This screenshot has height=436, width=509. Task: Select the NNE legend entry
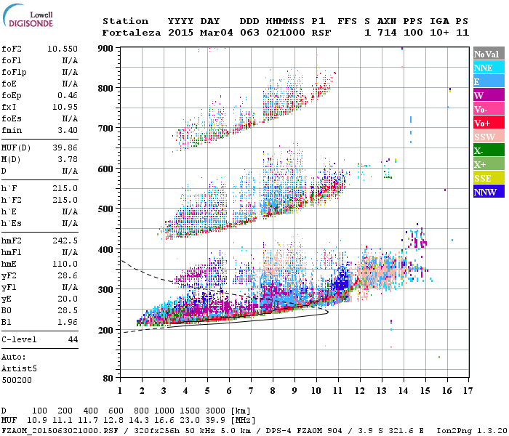click(x=484, y=68)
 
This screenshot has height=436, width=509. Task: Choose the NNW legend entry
click(x=484, y=192)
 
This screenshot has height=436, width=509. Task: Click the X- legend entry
click(x=479, y=150)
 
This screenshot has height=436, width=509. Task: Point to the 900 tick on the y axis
click(x=106, y=49)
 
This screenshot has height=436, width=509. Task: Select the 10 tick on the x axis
click(x=316, y=390)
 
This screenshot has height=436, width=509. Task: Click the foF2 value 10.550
click(x=63, y=49)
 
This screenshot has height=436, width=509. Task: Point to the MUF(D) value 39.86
click(x=65, y=148)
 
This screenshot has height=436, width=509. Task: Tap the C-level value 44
click(x=73, y=339)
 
